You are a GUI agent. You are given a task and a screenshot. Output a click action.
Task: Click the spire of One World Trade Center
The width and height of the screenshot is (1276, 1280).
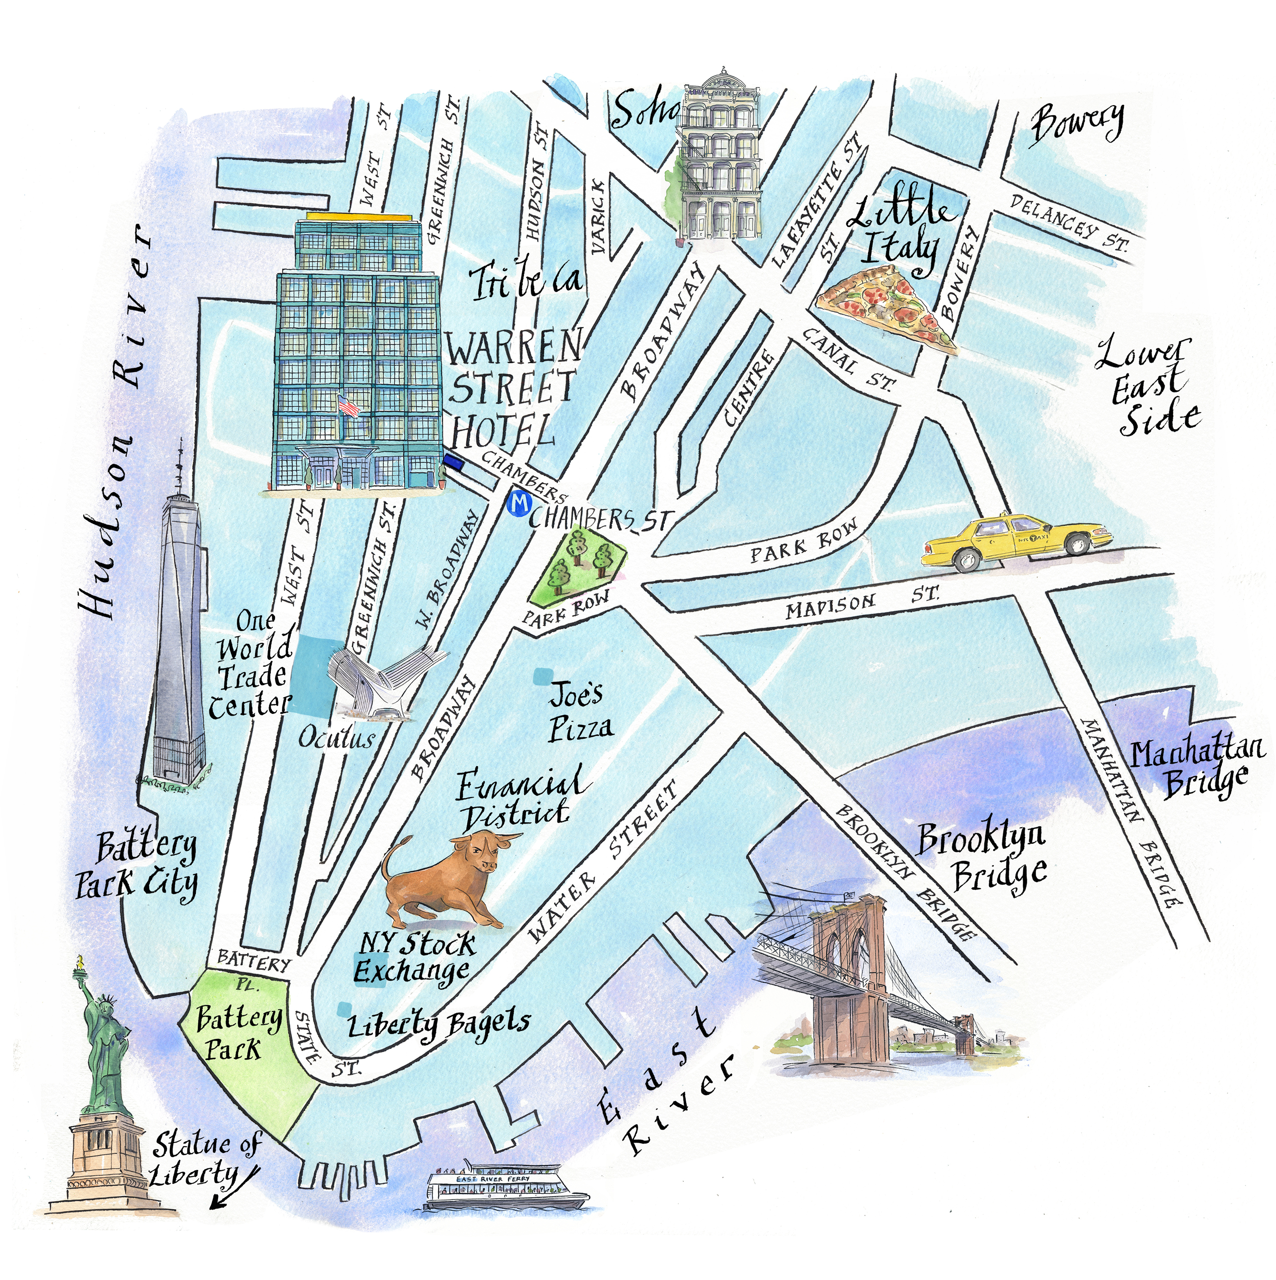(x=179, y=464)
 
